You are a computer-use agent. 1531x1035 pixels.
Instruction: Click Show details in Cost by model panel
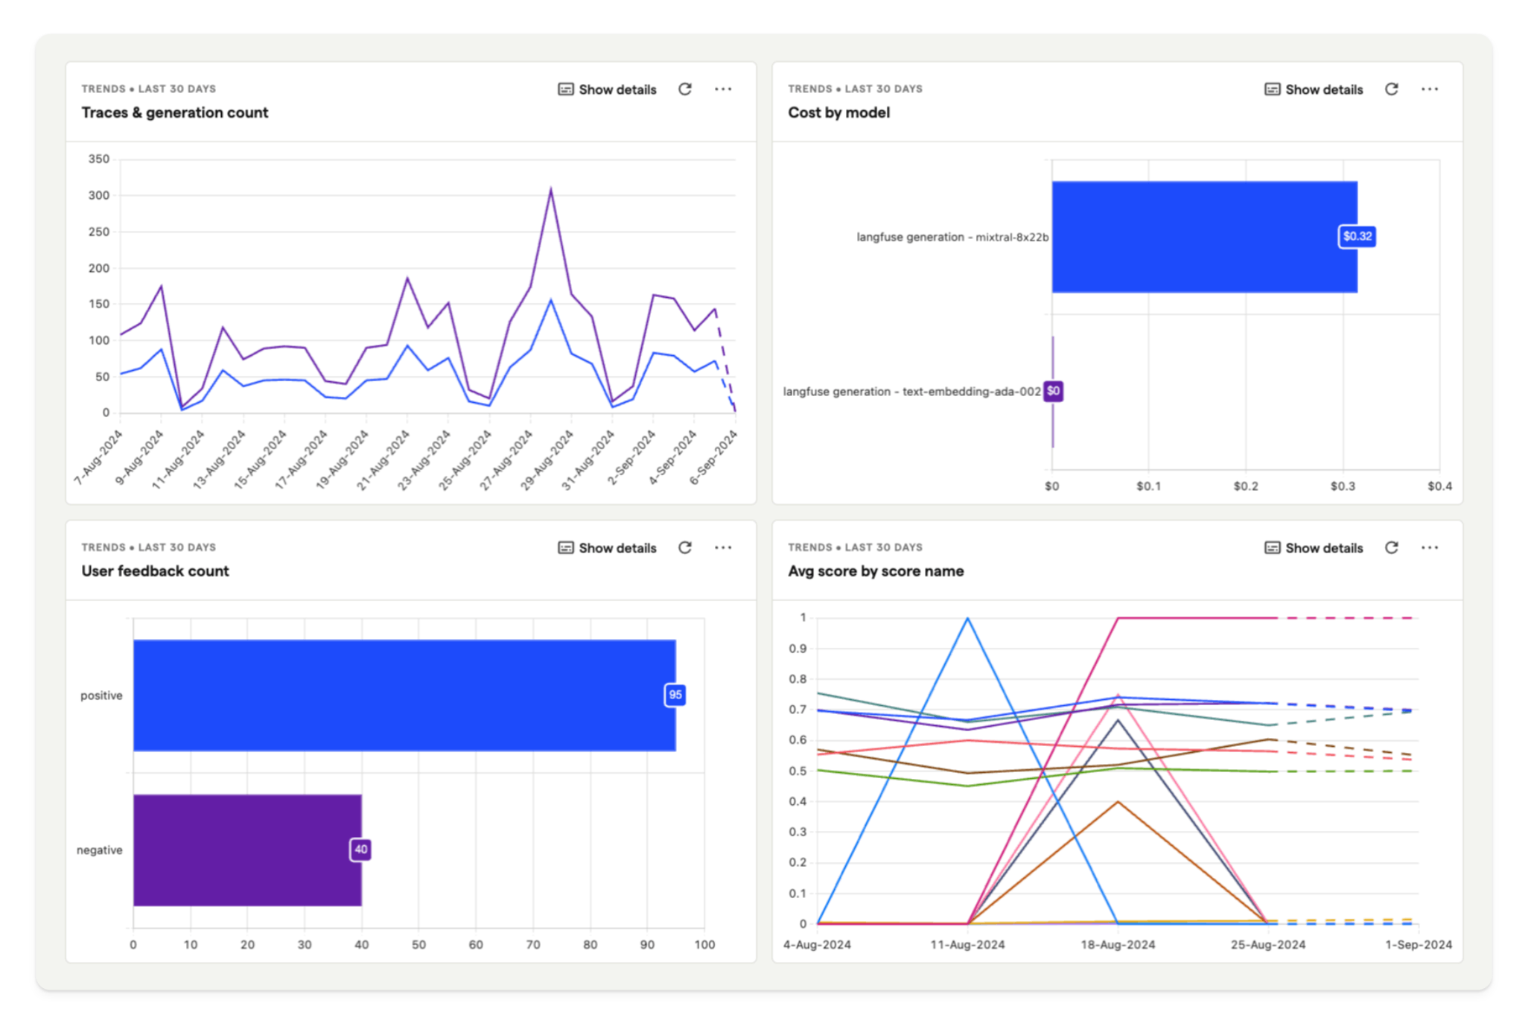[1314, 89]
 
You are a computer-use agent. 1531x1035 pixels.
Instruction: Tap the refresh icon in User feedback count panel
[685, 548]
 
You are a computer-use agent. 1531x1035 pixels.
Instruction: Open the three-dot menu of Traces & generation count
[723, 89]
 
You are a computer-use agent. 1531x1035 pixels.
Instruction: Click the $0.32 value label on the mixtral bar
[1357, 237]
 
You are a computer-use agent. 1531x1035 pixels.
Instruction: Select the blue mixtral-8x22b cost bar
[1203, 237]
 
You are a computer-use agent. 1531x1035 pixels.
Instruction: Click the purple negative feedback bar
[247, 850]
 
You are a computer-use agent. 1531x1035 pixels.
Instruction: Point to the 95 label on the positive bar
[675, 695]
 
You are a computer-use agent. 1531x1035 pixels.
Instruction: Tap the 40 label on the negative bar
[360, 850]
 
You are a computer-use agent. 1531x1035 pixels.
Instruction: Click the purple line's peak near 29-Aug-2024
[551, 189]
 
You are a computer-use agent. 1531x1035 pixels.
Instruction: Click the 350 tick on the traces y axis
[98, 159]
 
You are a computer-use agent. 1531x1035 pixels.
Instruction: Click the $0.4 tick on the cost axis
[1439, 486]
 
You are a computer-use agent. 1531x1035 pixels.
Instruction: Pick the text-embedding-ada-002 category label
[911, 392]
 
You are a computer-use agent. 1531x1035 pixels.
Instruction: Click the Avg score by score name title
[876, 571]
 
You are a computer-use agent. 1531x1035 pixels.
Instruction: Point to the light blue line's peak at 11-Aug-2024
[967, 619]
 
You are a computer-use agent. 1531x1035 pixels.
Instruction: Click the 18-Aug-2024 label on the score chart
[1118, 945]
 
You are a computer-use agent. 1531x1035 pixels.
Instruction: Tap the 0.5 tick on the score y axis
[798, 771]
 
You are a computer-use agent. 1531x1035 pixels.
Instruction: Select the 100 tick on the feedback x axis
[704, 945]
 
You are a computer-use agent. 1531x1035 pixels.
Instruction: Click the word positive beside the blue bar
[101, 695]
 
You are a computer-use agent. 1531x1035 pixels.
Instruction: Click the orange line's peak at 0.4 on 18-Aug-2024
[1118, 802]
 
